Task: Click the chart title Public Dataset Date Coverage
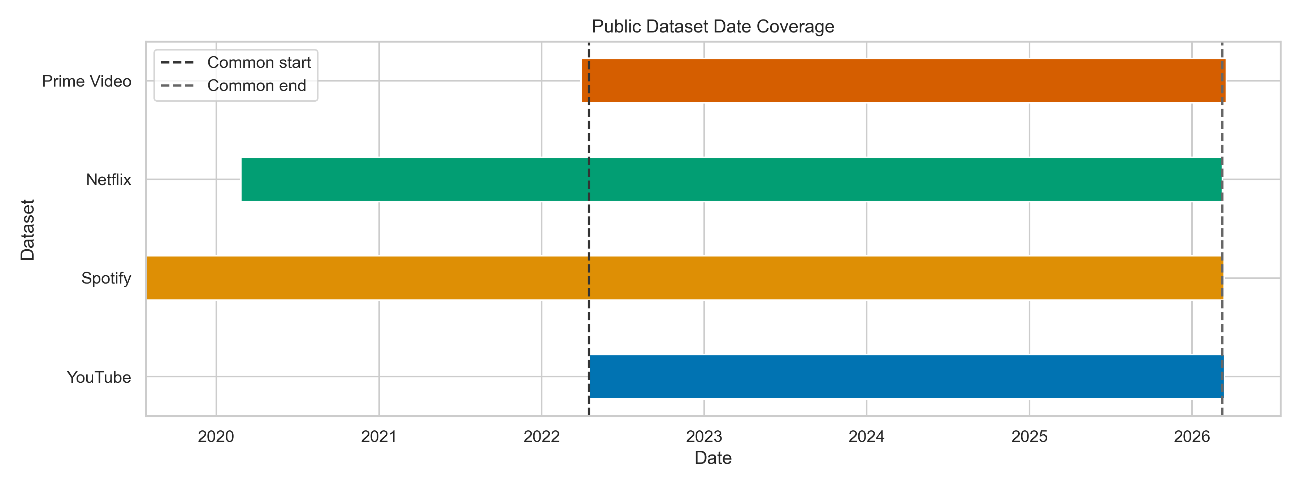712,26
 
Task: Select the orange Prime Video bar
903,81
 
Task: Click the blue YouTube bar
906,377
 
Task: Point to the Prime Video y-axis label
86,81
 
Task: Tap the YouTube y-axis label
99,377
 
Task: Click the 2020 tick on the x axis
216,436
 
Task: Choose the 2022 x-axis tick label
542,436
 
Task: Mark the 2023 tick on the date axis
704,436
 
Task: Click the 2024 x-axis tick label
867,436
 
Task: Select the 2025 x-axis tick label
1030,436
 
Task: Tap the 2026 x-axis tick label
1192,436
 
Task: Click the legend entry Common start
259,62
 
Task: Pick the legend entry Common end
256,86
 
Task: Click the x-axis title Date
712,458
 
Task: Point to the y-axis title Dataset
28,229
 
